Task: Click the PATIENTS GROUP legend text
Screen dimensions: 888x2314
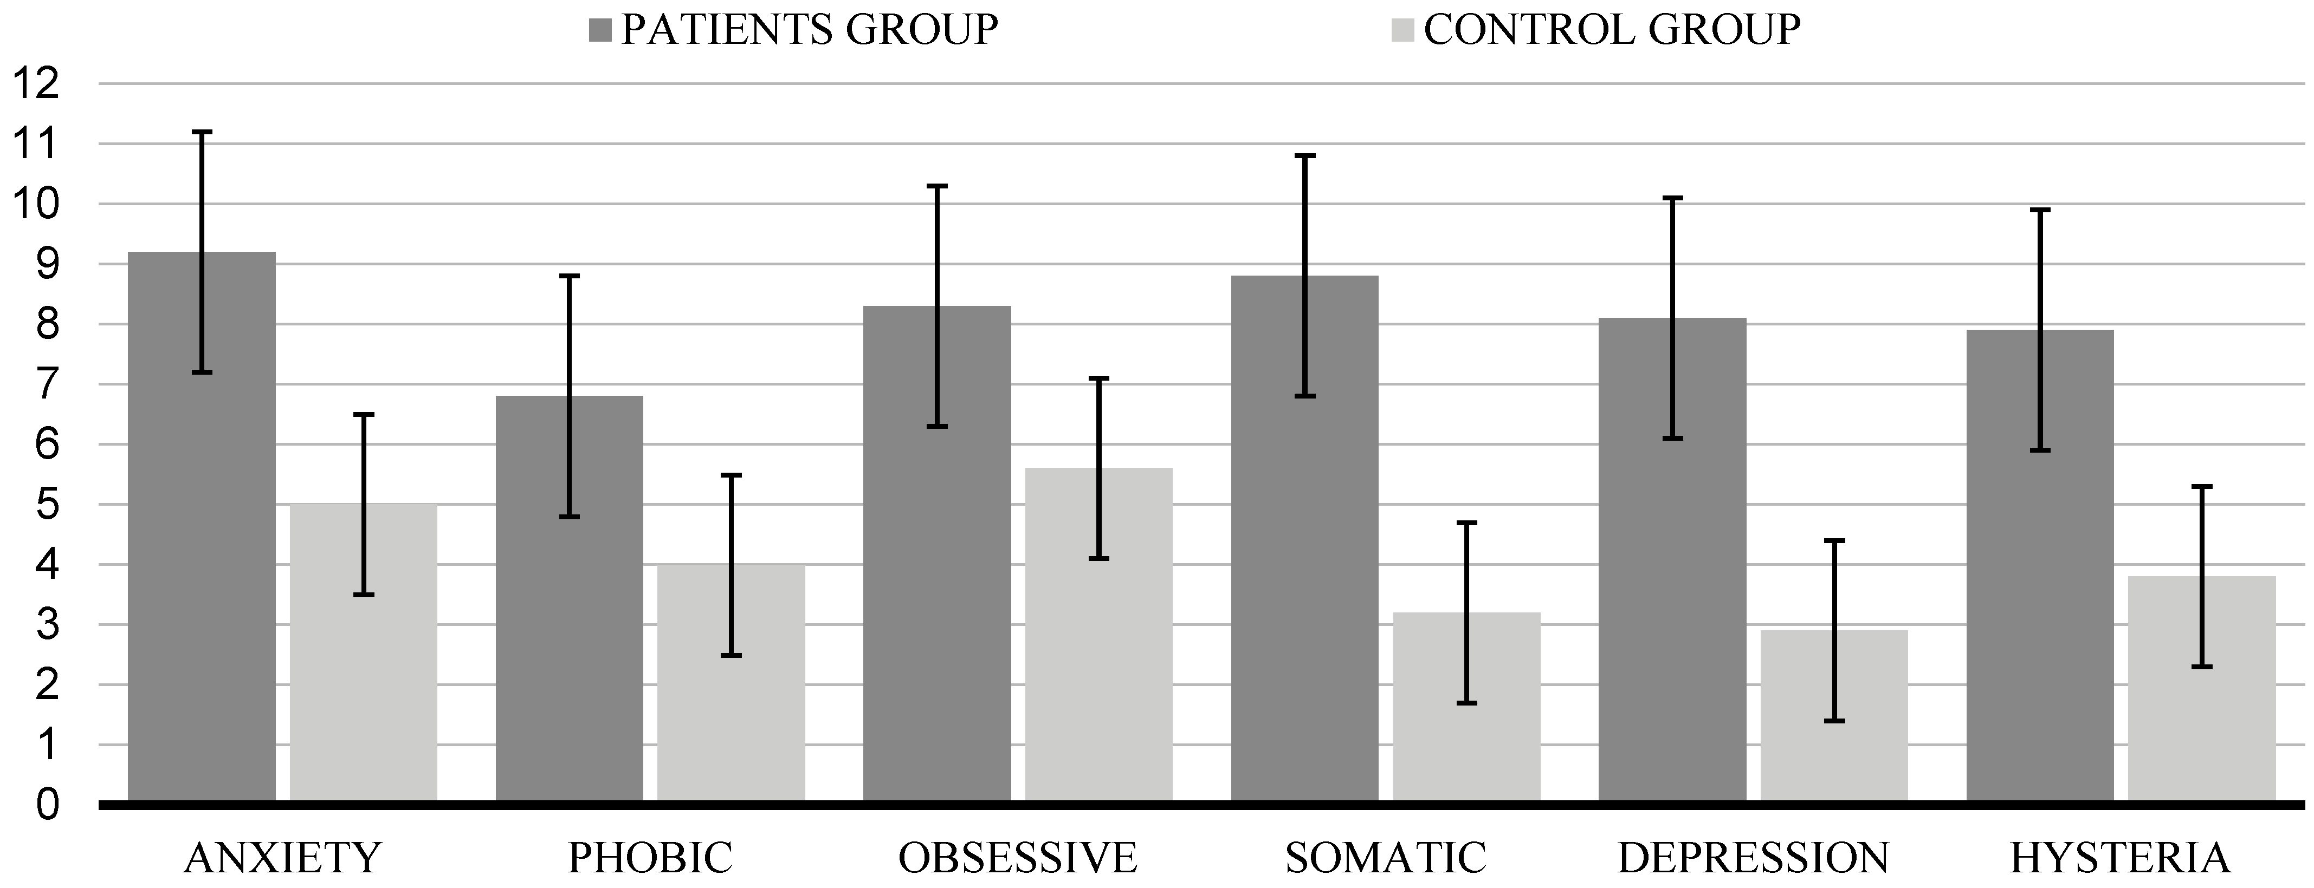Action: (809, 30)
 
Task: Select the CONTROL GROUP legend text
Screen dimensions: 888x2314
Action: (1612, 30)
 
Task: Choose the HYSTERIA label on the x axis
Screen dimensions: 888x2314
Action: (2120, 858)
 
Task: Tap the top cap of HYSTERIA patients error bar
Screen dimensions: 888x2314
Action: (2040, 210)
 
